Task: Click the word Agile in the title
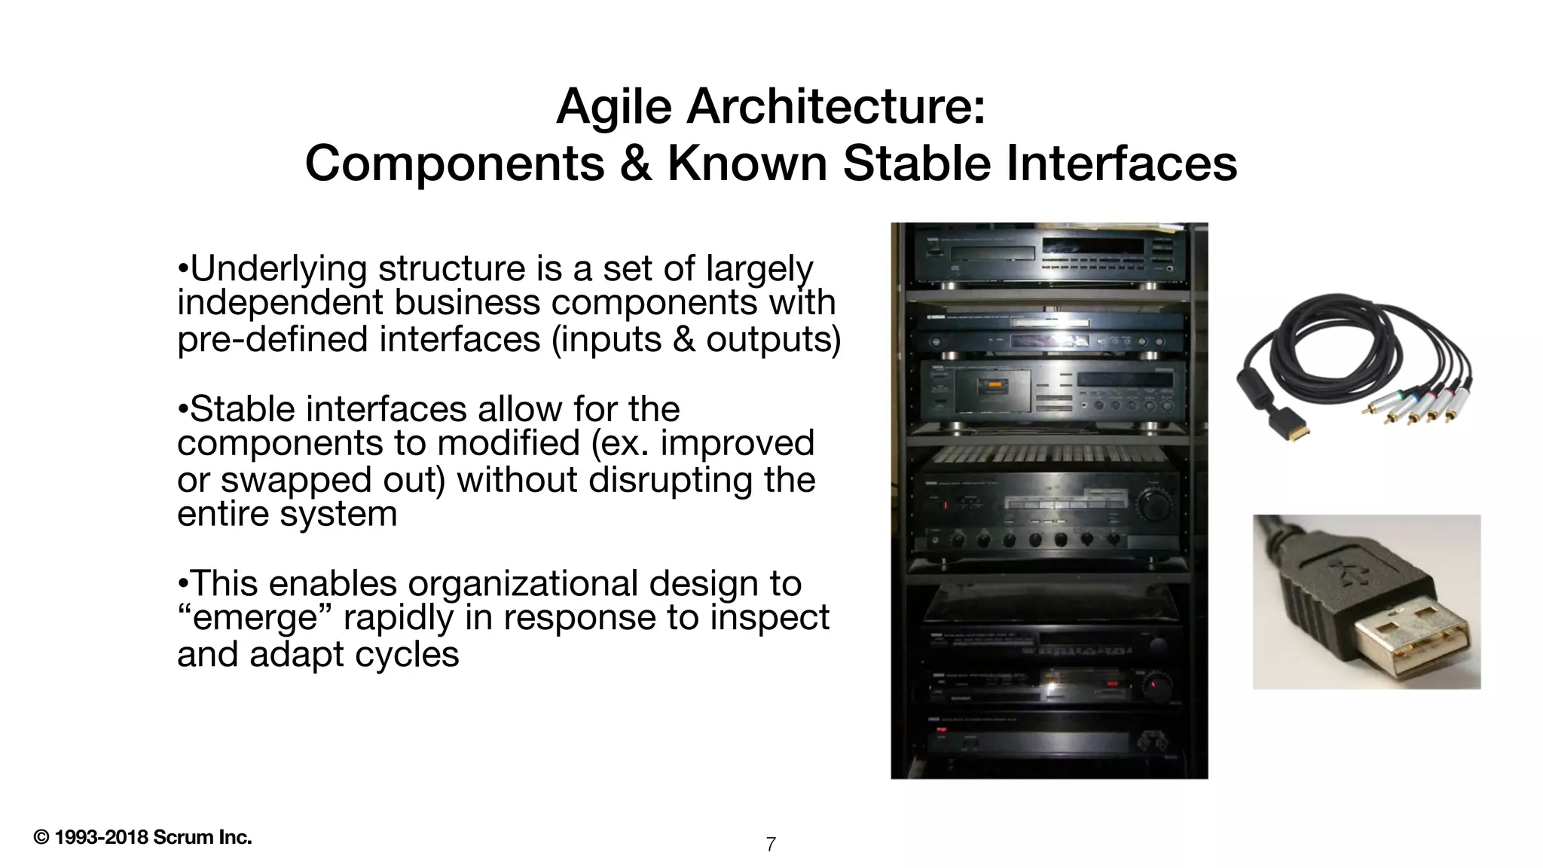coord(613,107)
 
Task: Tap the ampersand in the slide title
coord(635,163)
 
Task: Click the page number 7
coord(771,845)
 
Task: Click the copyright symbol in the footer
coord(41,838)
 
